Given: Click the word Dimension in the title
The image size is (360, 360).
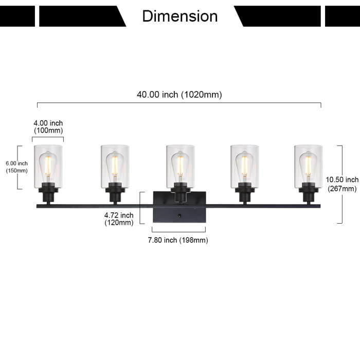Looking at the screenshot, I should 179,16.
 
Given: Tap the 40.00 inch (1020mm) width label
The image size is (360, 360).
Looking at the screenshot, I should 179,95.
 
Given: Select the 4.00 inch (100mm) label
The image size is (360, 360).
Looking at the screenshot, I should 48,127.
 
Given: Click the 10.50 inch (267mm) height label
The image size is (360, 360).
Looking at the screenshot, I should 342,184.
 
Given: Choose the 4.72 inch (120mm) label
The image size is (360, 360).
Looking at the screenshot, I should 119,219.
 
